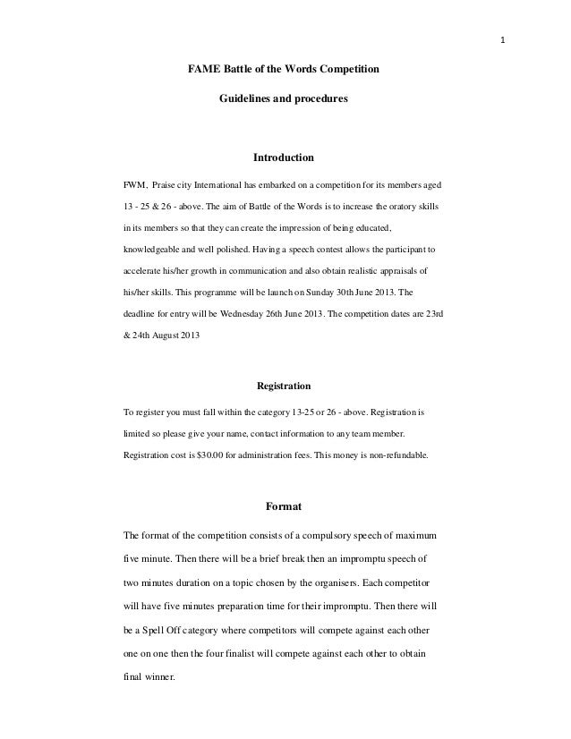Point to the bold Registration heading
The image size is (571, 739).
tap(284, 386)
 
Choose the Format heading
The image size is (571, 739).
tap(284, 507)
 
